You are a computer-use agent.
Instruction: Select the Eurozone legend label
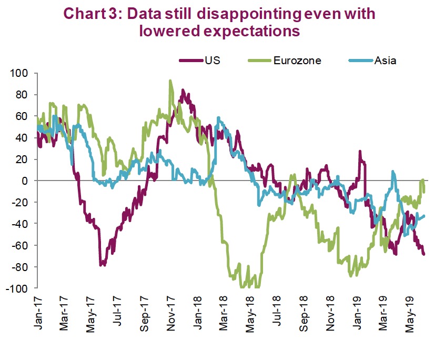297,59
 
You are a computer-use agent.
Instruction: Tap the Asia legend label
385,59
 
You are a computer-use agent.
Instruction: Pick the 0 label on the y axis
28,181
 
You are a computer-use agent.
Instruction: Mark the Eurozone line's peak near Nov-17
170,81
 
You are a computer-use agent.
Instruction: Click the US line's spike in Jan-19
360,151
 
